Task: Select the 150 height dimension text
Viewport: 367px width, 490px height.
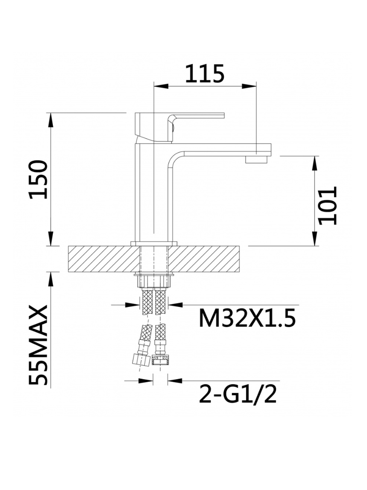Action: [39, 179]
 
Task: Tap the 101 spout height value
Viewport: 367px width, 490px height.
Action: [328, 205]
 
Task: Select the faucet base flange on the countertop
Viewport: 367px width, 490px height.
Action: [154, 243]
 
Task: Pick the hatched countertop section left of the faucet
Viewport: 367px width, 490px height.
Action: [103, 259]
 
